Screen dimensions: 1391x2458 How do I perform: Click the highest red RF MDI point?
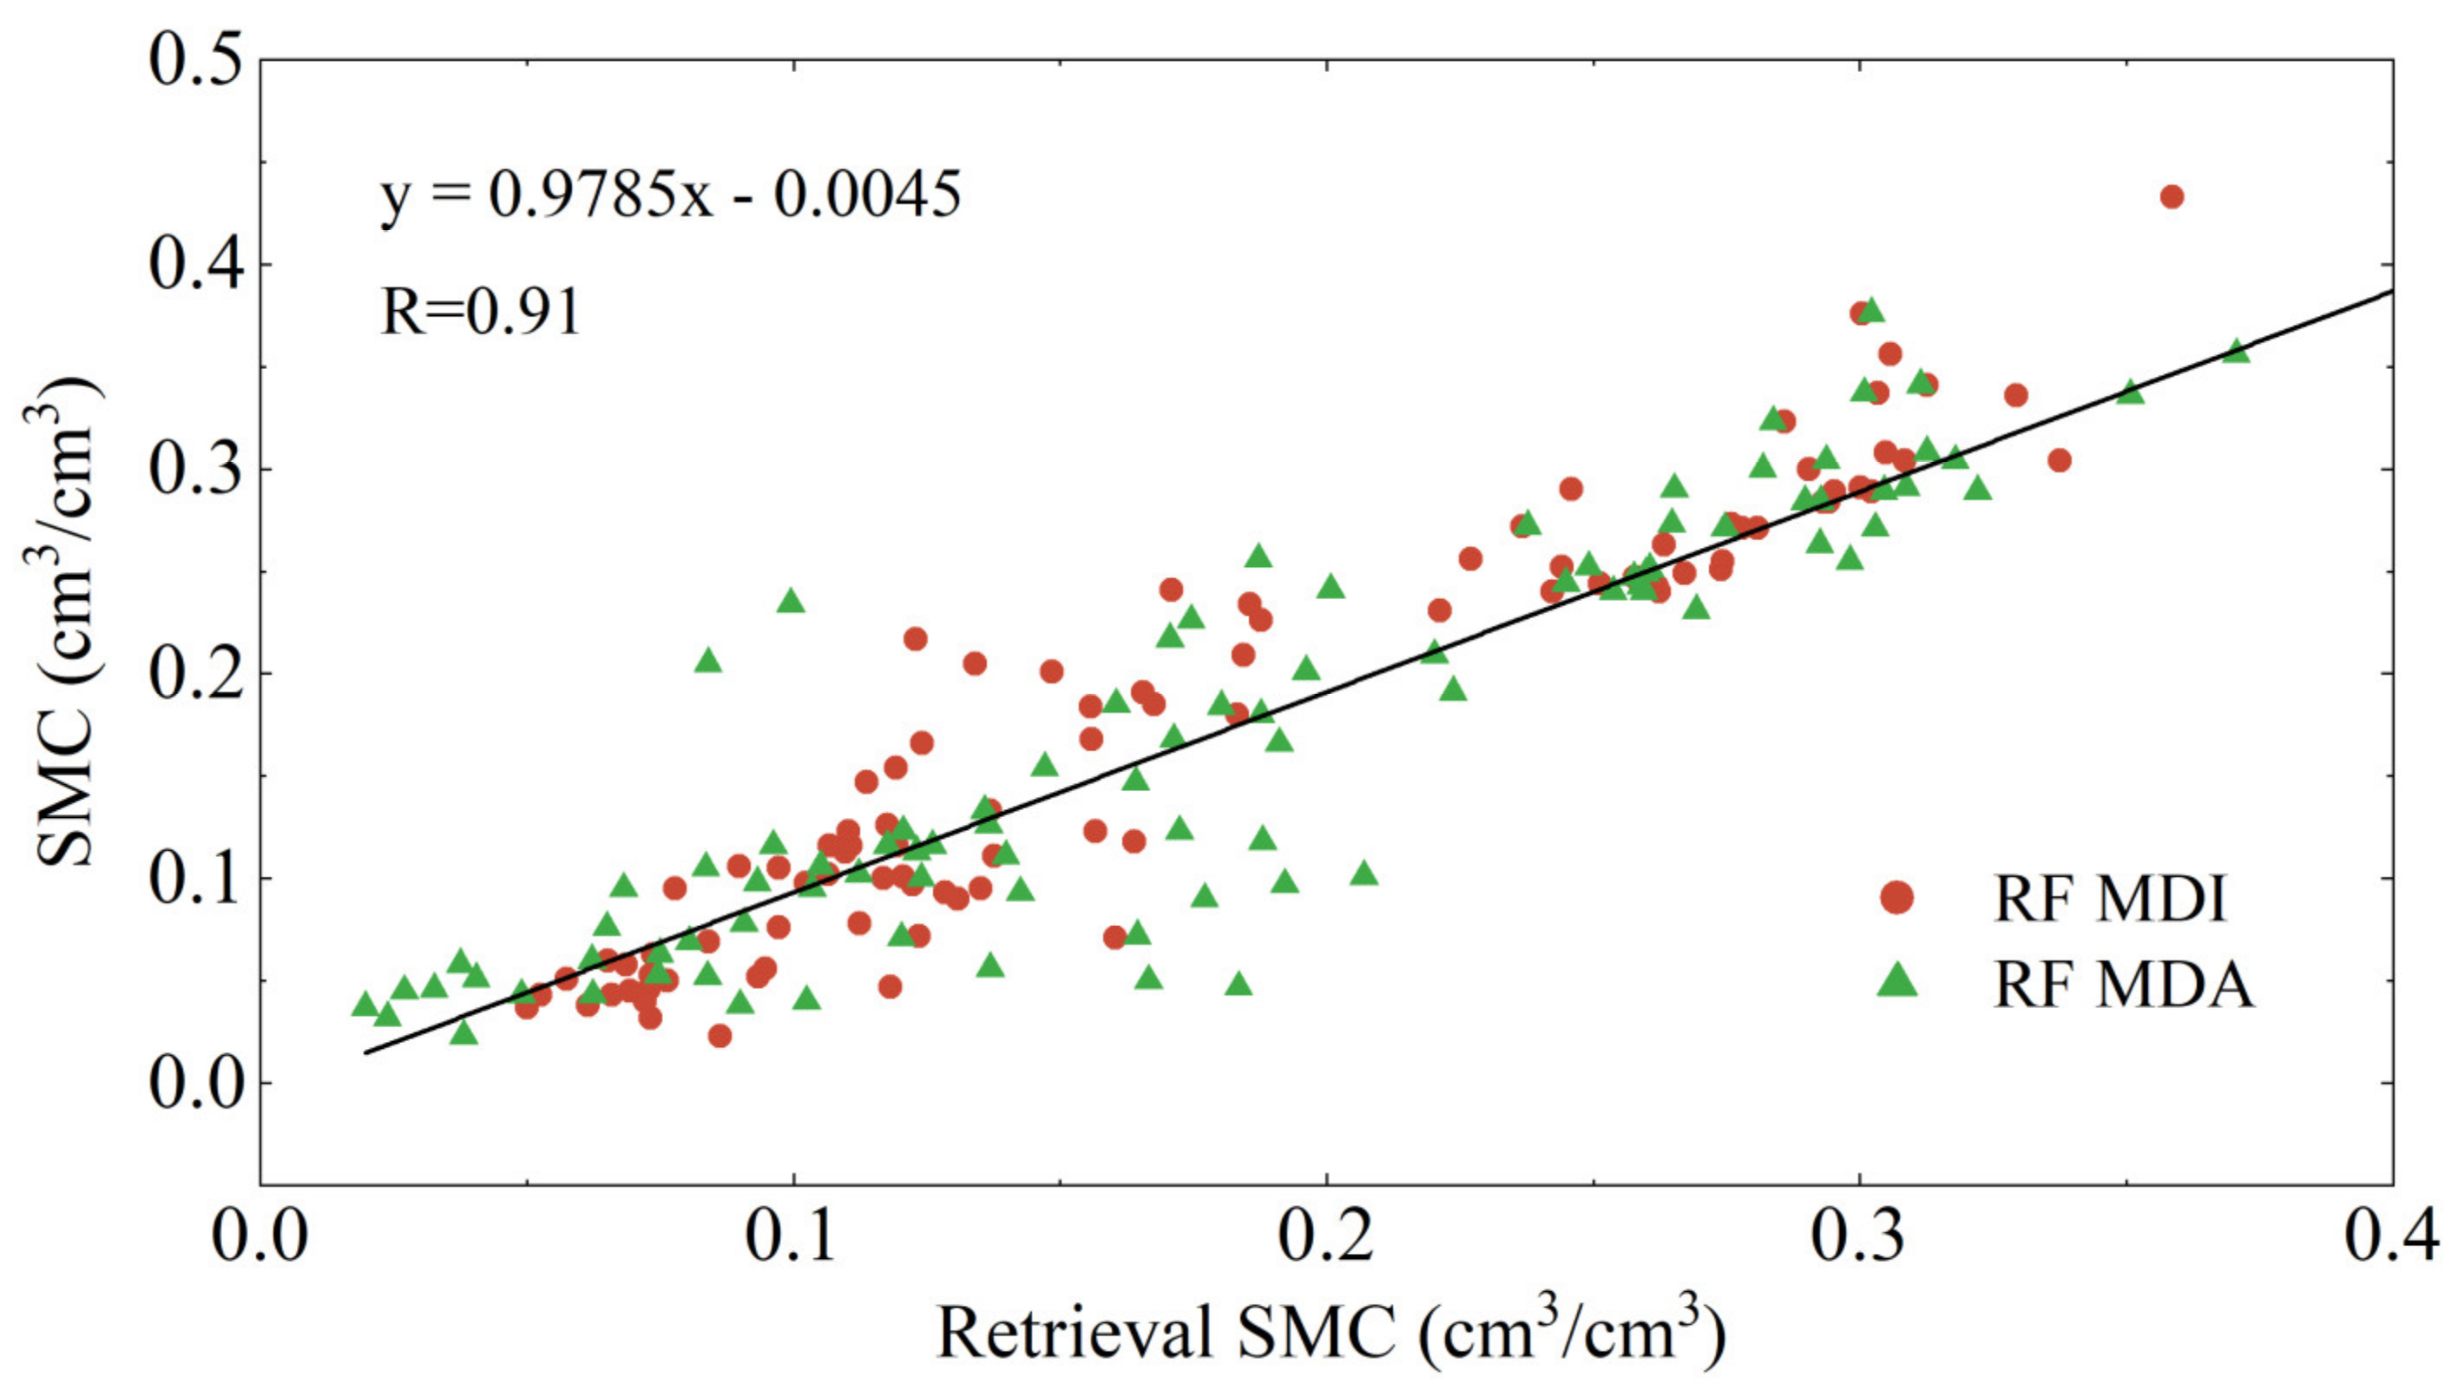pyautogui.click(x=2172, y=197)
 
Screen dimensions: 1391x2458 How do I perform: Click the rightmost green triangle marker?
pyautogui.click(x=2237, y=352)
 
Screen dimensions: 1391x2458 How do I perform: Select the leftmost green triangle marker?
pyautogui.click(x=365, y=1004)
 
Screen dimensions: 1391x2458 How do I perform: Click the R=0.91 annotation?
pyautogui.click(x=480, y=313)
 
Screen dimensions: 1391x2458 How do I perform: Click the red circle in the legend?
pyautogui.click(x=1896, y=897)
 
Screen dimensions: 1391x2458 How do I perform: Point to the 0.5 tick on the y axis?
pyautogui.click(x=196, y=59)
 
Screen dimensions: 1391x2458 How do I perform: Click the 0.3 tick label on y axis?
pyautogui.click(x=196, y=469)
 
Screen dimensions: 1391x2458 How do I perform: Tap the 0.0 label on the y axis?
pyautogui.click(x=196, y=1084)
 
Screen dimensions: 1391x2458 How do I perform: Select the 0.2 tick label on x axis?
pyautogui.click(x=1326, y=1236)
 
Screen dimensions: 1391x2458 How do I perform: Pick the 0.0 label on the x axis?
pyautogui.click(x=260, y=1236)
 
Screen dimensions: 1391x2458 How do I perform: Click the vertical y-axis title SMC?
pyautogui.click(x=67, y=621)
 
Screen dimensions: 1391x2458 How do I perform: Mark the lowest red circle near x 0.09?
pyautogui.click(x=720, y=1036)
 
